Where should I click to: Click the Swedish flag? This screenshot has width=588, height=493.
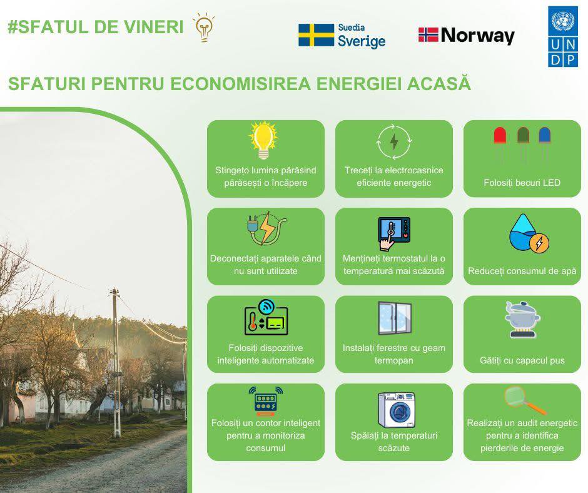pos(316,35)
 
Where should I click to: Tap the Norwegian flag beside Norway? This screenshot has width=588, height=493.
pos(428,34)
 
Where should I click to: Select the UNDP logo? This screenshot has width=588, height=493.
pos(563,36)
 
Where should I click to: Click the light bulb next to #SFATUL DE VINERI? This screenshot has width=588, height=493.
pos(204,27)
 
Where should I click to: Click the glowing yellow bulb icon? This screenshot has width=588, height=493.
pos(263,140)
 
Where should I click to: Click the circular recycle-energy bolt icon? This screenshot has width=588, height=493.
pos(393,142)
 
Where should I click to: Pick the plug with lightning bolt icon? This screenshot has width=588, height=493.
pos(266,228)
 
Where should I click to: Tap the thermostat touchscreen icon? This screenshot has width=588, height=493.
pos(393,233)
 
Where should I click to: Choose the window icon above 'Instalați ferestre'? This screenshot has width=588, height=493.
pos(395,318)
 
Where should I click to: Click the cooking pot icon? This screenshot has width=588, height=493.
pos(522,319)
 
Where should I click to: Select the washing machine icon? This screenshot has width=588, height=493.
pos(397,410)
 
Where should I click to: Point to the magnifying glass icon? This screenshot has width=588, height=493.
pos(524,400)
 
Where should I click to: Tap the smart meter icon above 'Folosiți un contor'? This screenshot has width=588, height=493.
pos(265,400)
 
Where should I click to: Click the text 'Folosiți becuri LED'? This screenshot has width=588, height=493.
pos(522,183)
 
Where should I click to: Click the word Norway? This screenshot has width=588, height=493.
pos(477,36)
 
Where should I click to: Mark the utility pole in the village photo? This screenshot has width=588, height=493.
pos(116,362)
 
